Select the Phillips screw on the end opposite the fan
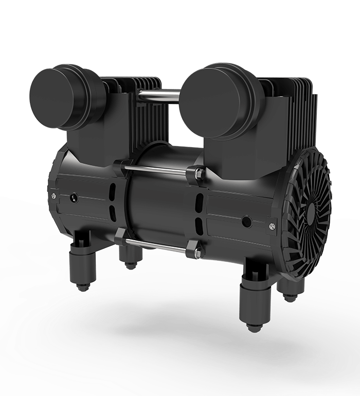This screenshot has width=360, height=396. coord(52,195)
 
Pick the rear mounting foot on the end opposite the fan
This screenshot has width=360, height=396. coord(130,257)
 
